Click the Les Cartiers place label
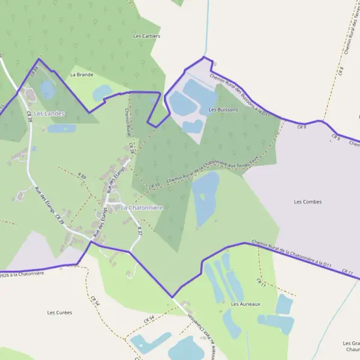click(147, 36)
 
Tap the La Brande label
click(82, 75)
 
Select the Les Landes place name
click(49, 113)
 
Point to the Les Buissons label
click(223, 110)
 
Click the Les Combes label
click(308, 202)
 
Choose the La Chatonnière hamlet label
click(142, 208)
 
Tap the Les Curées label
click(59, 313)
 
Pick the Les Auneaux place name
click(246, 304)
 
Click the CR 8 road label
click(341, 71)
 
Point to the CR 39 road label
click(29, 116)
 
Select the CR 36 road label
click(131, 147)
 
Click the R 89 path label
click(82, 176)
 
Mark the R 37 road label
click(140, 230)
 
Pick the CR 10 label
click(154, 187)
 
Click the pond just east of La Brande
click(102, 92)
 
